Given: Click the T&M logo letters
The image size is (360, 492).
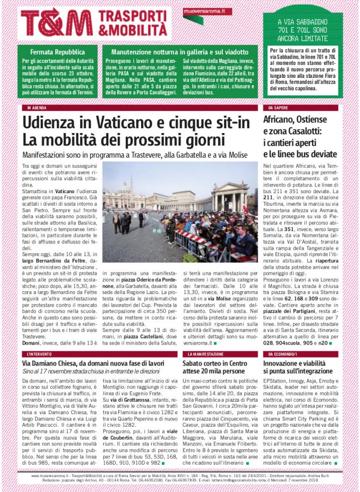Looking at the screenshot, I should pos(57,22).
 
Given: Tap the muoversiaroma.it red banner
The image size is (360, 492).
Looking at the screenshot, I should pos(207,12).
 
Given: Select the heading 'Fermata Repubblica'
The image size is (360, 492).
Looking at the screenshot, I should pos(58,51).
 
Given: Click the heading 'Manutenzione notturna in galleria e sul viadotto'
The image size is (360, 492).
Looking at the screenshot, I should pos(180,51).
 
